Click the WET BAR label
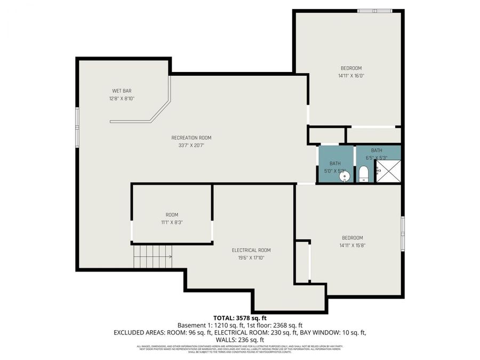click(122, 91)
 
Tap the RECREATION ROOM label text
click(191, 138)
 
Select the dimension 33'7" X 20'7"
click(191, 146)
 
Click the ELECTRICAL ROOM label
click(251, 250)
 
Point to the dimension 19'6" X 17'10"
click(251, 258)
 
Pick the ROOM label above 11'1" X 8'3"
click(172, 214)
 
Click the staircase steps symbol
click(153, 257)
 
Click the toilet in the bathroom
click(363, 174)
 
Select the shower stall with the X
click(389, 171)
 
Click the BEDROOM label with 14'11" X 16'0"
click(351, 68)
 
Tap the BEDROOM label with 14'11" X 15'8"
click(352, 238)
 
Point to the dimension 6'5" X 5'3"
click(377, 158)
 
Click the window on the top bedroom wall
click(374, 11)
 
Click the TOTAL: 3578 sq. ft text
click(239, 318)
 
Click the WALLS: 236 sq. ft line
click(239, 340)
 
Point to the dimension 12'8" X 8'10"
click(122, 99)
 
